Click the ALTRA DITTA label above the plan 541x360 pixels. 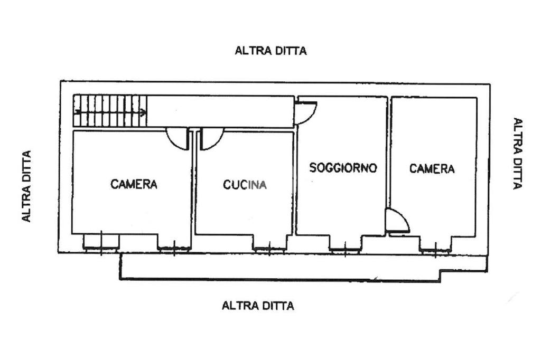pyautogui.click(x=270, y=51)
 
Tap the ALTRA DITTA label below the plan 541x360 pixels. pyautogui.click(x=258, y=306)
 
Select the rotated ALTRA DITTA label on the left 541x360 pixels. pyautogui.click(x=26, y=186)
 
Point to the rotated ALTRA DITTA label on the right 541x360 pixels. pyautogui.click(x=518, y=154)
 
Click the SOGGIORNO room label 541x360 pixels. pyautogui.click(x=342, y=167)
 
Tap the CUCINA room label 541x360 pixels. pyautogui.click(x=245, y=184)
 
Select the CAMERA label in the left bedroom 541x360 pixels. pyautogui.click(x=134, y=184)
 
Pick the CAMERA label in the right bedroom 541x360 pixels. pyautogui.click(x=432, y=168)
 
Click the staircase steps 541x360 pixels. pyautogui.click(x=110, y=111)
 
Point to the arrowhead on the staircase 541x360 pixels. pyautogui.click(x=143, y=112)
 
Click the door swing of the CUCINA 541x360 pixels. pyautogui.click(x=211, y=139)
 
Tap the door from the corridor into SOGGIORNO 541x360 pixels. pyautogui.click(x=305, y=113)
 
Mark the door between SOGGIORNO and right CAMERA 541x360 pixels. pyautogui.click(x=397, y=221)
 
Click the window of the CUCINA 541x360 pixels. pyautogui.click(x=269, y=249)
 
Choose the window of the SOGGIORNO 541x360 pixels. pyautogui.click(x=344, y=250)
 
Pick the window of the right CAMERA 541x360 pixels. pyautogui.click(x=435, y=250)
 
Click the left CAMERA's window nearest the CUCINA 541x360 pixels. pyautogui.click(x=174, y=248)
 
